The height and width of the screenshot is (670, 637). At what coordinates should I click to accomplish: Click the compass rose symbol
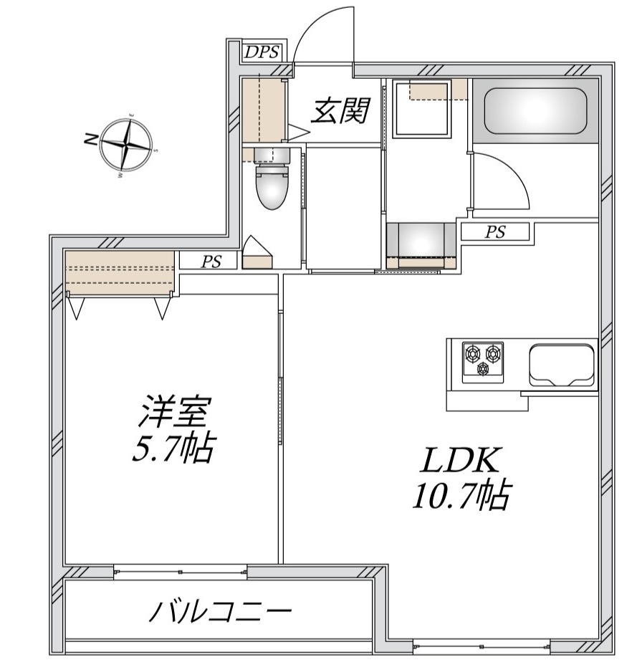pos(126,143)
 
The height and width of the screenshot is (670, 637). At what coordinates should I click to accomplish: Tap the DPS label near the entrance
pos(261,52)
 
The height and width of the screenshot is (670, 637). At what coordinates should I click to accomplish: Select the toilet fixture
pos(271,186)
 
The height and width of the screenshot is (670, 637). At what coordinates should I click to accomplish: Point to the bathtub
pos(535,111)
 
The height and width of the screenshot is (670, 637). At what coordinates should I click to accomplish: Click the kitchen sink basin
pos(562,364)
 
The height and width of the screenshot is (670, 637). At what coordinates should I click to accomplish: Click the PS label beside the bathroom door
pos(495,232)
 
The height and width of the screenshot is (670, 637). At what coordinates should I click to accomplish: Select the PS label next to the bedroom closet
pos(210,262)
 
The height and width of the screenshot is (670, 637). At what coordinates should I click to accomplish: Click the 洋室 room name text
pos(173,413)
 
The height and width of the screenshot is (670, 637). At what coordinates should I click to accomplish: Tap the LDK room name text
pos(459,459)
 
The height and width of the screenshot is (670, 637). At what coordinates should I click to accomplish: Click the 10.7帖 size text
pos(461,496)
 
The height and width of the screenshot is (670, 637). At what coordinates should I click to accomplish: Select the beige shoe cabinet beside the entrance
pos(262,110)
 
